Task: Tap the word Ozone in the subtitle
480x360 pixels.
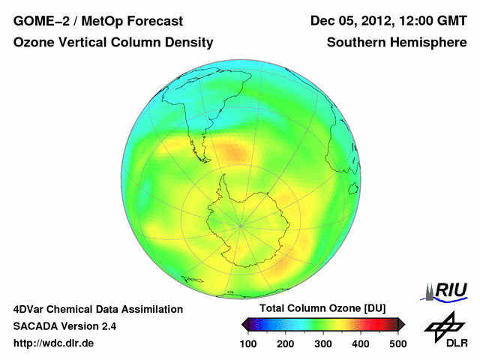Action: (34, 43)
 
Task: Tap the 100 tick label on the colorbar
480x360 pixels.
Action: (248, 343)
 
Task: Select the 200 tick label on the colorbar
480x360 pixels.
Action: (286, 343)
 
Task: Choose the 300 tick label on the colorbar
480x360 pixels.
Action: (323, 343)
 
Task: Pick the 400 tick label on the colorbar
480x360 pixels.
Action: (361, 343)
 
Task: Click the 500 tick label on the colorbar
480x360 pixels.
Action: (397, 343)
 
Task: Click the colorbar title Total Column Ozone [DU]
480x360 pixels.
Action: (322, 309)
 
